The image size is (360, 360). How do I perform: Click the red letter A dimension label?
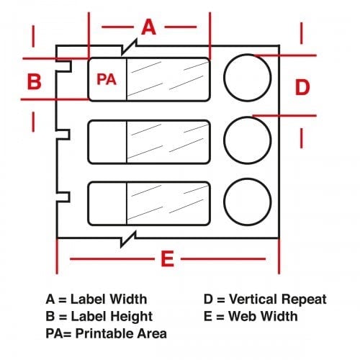149,27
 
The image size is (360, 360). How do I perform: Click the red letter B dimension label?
35,81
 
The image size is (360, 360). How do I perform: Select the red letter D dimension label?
302,87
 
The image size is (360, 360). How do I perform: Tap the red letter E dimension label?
167,258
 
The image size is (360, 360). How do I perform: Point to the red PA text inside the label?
107,79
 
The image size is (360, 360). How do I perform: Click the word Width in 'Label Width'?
128,299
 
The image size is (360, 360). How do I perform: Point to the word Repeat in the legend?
304,300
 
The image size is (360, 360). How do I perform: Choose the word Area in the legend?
150,333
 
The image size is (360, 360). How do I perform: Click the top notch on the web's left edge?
64,66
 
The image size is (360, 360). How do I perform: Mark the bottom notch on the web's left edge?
63,197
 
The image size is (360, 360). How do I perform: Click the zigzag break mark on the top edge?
129,47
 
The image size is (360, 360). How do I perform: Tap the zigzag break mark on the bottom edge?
128,239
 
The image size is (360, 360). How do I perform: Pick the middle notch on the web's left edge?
63,135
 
